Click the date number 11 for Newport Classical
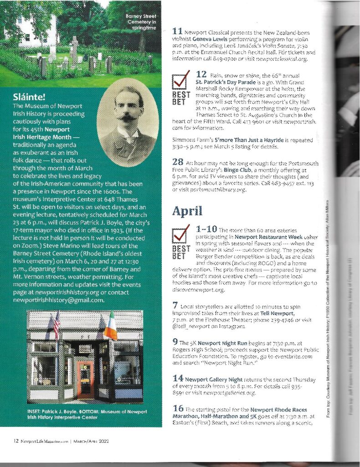click(178, 31)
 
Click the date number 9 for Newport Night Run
click(175, 341)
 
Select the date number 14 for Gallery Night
click(178, 378)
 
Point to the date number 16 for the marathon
click(178, 410)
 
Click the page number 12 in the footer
click(15, 441)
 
